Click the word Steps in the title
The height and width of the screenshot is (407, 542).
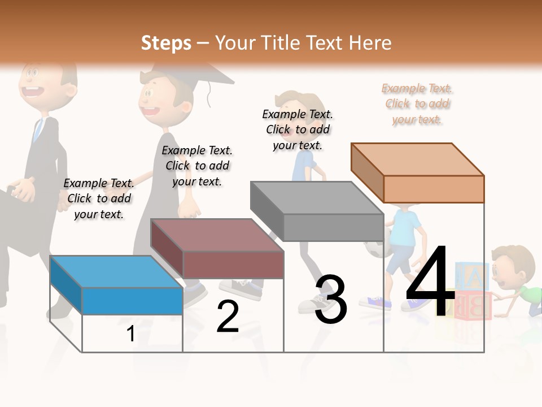pos(166,43)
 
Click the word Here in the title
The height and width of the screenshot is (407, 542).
pos(370,43)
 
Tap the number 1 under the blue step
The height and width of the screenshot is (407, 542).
pos(130,334)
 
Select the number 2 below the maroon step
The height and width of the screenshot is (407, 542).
pos(228,317)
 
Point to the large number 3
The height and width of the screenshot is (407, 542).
pos(330,300)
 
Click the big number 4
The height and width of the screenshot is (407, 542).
pos(430,283)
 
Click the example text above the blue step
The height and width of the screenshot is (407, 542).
pos(99,198)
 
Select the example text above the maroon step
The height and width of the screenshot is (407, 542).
pos(197,166)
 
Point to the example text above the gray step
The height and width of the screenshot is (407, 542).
pos(298,129)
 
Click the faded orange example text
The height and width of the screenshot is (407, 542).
pos(417,104)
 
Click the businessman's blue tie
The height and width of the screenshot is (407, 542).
pos(37,130)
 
